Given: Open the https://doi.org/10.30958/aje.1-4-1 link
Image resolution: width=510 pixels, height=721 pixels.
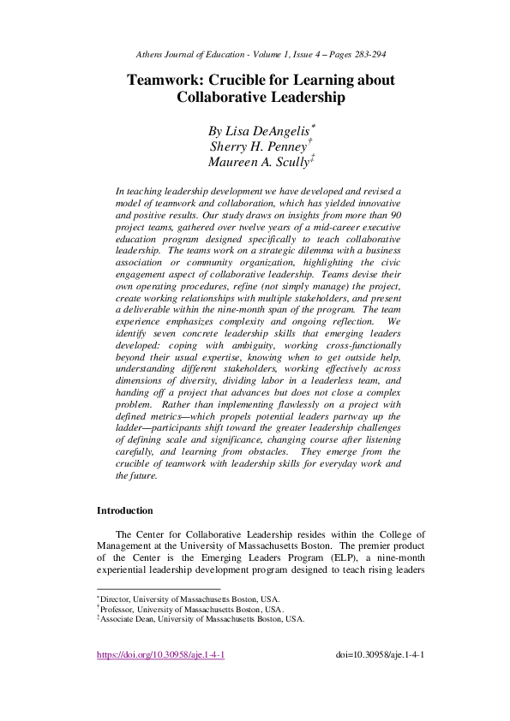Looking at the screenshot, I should tap(160, 656).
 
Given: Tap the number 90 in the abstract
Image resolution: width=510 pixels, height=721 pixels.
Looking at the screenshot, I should tap(395, 215).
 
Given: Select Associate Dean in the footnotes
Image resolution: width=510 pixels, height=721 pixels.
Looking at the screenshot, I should tap(126, 618).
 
